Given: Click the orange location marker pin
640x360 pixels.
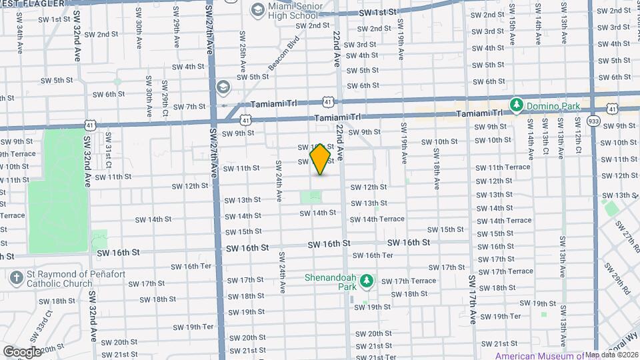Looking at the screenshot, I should pos(321,159).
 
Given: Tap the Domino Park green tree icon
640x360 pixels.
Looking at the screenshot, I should pos(515,105).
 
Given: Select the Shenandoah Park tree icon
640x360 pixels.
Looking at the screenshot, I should pos(365,283).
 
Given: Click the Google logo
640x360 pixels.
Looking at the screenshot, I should pos(22,351).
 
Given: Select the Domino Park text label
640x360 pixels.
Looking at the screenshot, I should pos(553,105).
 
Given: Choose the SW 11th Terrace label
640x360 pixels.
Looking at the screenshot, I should pos(503,167).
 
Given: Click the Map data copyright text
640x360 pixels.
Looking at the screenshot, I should pos(611,355).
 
